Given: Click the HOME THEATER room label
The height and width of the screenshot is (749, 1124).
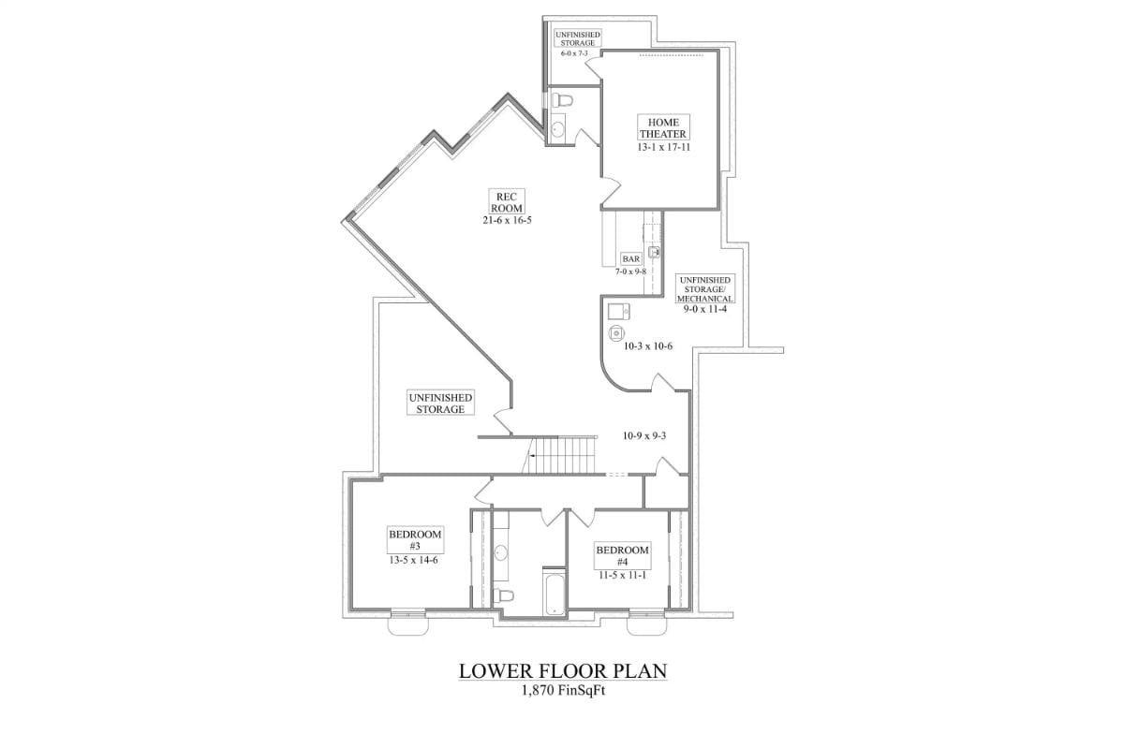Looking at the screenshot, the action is pos(663,128).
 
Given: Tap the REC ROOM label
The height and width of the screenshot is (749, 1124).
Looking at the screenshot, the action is pos(507,202).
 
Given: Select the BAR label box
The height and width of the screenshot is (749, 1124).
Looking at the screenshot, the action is pos(630,258).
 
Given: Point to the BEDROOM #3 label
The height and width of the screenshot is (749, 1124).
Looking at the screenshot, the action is pos(415,540).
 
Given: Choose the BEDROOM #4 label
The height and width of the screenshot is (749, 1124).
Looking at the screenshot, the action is pos(622,556).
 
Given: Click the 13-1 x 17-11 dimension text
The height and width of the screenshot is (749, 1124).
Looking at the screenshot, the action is pos(664,148).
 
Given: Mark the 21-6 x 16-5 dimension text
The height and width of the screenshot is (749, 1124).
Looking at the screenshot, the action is pos(507,220).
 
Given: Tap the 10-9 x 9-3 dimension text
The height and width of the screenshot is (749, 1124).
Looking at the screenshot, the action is pos(644,436).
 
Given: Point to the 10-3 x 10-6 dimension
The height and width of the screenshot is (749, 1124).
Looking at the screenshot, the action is pos(648,346).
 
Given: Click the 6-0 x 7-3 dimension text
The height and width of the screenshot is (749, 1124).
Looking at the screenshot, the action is pos(574,53).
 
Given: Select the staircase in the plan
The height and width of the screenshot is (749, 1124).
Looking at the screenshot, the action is pos(559,455).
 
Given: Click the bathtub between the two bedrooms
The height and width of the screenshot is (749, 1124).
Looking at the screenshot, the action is pos(554,592).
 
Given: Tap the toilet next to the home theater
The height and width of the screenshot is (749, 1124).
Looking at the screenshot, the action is pos(562,100).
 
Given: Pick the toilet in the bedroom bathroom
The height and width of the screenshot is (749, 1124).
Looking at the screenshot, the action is pos(503,596).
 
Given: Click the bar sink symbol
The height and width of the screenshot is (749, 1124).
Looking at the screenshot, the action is pos(654,253).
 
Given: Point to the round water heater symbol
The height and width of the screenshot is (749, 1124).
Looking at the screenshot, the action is pos(615,332).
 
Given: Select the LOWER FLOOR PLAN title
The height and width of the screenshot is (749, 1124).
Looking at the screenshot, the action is pos(563,671).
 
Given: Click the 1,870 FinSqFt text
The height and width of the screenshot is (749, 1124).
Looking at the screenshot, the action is pos(564,691).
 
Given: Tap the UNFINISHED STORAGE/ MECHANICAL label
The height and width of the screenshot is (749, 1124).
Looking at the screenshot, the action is pos(704,289).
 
